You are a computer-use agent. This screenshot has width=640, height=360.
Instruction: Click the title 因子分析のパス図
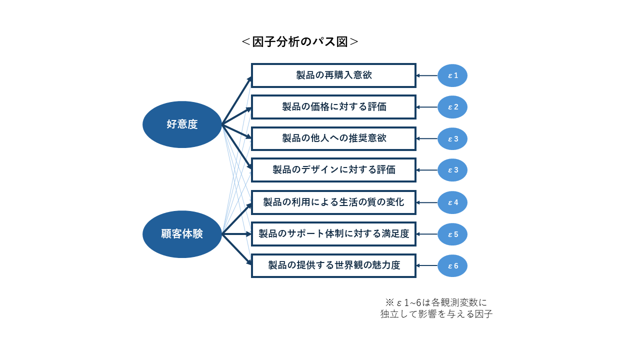300,42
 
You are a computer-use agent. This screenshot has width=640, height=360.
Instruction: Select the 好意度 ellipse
182,124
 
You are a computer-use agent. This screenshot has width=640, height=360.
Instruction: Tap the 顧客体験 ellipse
182,234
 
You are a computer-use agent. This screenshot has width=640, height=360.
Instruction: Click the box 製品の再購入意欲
333,75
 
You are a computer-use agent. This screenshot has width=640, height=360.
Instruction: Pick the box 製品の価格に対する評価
333,107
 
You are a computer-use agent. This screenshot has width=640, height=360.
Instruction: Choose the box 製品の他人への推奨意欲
333,138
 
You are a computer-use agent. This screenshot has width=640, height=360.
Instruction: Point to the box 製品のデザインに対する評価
333,170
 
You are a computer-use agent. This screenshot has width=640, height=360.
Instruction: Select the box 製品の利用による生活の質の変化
333,202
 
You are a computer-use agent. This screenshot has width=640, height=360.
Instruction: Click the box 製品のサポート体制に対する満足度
333,234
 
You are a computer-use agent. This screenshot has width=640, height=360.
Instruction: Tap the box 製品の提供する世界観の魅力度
333,265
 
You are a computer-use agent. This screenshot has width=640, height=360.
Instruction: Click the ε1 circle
452,75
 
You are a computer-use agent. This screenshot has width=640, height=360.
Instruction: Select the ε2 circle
452,107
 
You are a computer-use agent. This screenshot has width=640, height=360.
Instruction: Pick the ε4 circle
452,202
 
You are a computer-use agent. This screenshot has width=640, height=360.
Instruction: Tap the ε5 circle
452,234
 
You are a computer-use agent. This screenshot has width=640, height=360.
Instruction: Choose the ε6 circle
452,265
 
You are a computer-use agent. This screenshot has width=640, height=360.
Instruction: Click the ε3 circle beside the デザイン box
452,170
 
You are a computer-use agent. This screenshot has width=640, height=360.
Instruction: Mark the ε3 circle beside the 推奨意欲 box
452,138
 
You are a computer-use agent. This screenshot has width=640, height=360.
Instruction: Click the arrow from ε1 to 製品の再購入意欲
427,75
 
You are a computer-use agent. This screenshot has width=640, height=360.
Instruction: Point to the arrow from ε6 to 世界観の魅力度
427,265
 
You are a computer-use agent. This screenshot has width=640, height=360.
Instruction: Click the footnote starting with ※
436,308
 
